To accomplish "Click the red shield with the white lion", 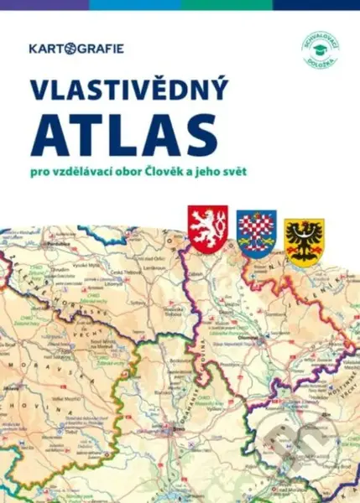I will click(208, 231).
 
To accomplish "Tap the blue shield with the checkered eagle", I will click(257, 234).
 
